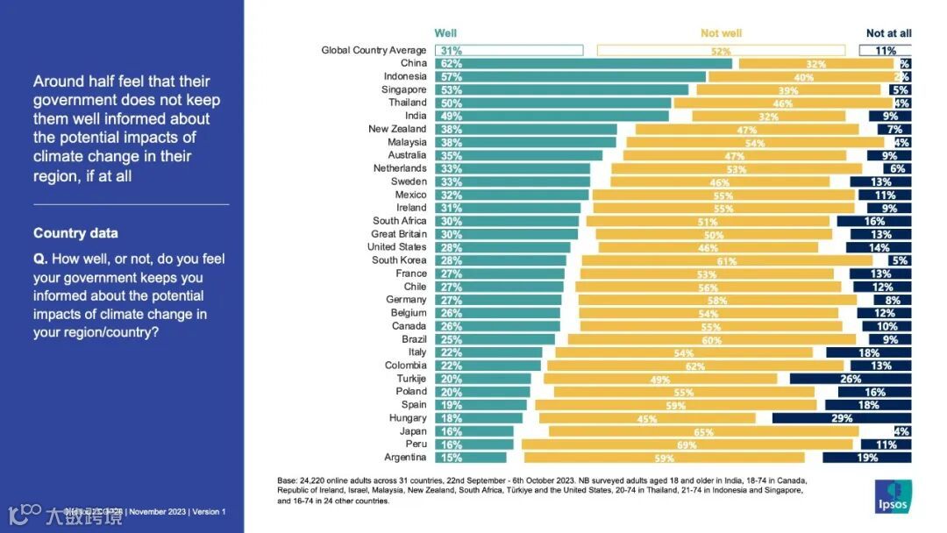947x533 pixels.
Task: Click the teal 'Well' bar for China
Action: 583,63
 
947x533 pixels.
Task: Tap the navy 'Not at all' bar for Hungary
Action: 842,418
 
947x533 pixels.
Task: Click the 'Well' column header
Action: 445,33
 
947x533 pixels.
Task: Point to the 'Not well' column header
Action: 721,33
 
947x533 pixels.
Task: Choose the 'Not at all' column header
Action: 888,33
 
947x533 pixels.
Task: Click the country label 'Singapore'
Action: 404,89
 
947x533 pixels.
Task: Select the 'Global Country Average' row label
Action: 374,50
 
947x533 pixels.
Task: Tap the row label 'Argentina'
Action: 405,458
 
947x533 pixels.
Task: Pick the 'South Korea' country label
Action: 399,260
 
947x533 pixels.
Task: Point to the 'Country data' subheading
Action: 75,233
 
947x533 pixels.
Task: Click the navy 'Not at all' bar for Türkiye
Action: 851,379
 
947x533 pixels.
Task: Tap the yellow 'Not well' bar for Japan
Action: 703,431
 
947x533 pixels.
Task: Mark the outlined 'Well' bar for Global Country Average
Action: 509,50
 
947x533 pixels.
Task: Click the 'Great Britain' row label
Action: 399,234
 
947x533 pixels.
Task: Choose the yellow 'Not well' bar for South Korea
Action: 727,260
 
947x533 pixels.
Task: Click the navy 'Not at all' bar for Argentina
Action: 866,458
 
